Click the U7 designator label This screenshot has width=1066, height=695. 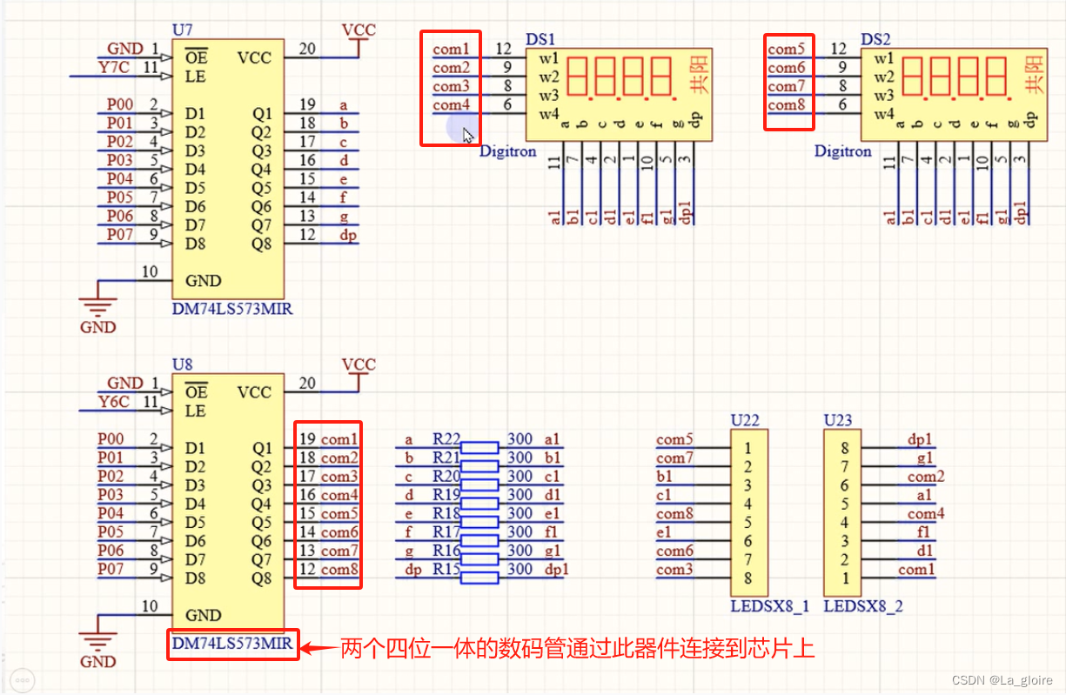tap(182, 30)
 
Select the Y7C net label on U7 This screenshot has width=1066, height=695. tap(114, 67)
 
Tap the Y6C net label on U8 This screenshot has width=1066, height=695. tap(114, 402)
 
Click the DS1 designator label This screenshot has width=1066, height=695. tap(540, 39)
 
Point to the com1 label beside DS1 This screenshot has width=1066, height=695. tap(451, 49)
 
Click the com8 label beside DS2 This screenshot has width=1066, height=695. tap(786, 104)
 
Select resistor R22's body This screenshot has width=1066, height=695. tap(479, 447)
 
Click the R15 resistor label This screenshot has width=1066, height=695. tap(446, 569)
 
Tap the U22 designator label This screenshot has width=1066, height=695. tap(745, 420)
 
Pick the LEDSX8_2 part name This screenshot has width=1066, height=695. tap(862, 606)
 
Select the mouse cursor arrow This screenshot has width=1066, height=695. tap(468, 136)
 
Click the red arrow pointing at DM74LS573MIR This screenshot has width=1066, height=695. tap(319, 647)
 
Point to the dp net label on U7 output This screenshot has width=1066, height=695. tap(348, 236)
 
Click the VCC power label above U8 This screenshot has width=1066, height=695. tap(359, 364)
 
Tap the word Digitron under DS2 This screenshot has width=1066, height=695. tap(843, 151)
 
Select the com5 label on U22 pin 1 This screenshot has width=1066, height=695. tap(674, 439)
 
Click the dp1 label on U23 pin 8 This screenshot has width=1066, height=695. tap(920, 439)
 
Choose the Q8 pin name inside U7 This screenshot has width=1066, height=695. tap(261, 244)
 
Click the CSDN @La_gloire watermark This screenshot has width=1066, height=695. tap(1002, 679)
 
